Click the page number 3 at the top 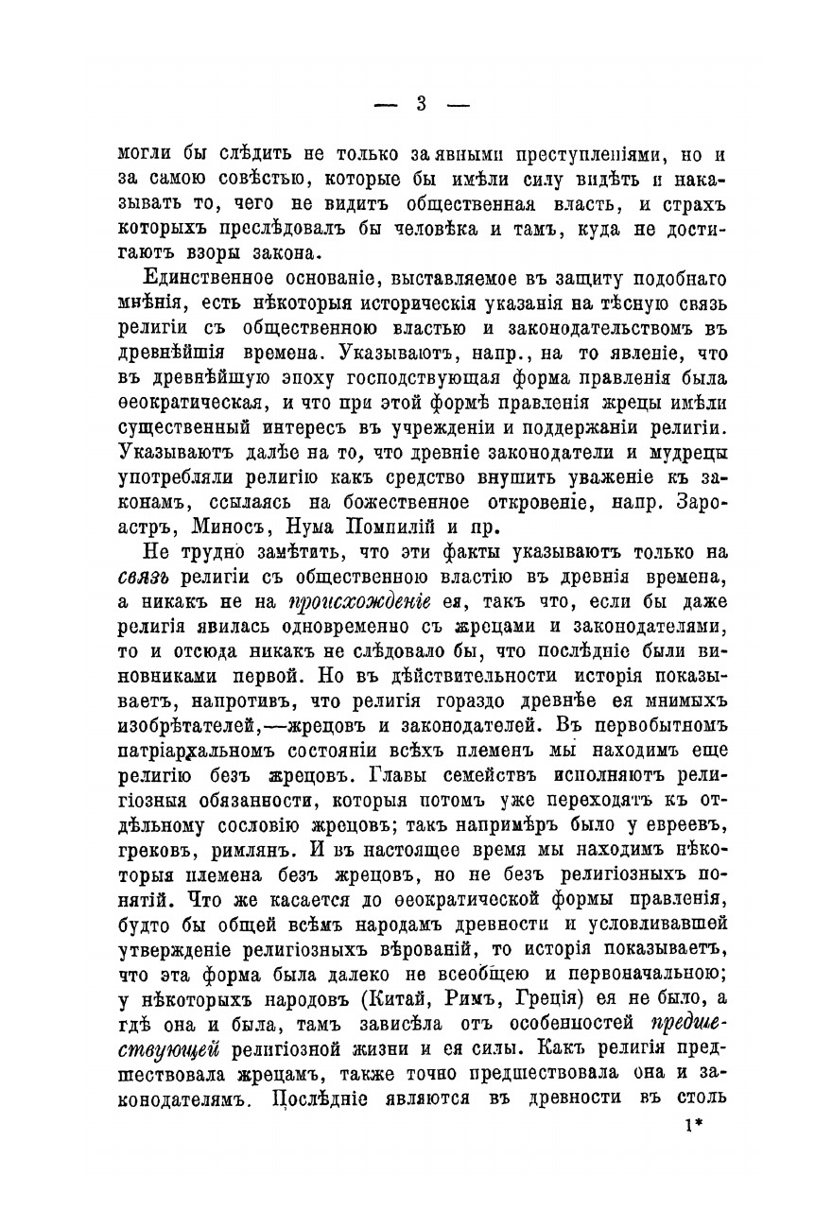point(422,104)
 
